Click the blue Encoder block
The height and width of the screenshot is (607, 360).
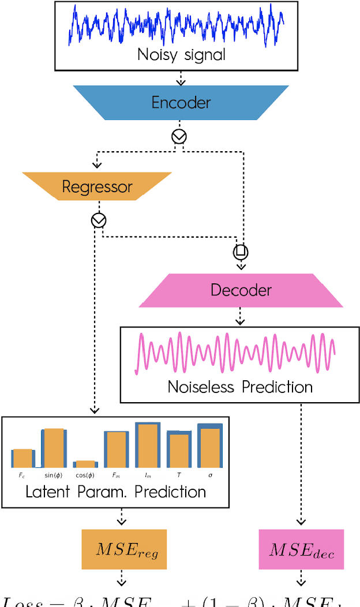[181, 103]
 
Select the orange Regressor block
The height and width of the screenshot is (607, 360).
[97, 186]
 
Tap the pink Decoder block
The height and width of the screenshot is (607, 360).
[241, 290]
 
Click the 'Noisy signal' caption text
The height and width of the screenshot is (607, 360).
[181, 55]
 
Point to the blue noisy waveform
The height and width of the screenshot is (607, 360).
[177, 25]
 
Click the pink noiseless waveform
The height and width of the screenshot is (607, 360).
[235, 353]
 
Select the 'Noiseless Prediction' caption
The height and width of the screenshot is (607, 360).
[240, 386]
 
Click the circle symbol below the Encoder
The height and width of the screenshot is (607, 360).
[179, 136]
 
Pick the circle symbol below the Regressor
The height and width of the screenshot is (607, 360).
[99, 220]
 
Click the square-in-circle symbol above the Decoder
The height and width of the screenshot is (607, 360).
[241, 252]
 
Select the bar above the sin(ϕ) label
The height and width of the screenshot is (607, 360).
[54, 448]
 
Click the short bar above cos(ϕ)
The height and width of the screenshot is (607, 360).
[85, 463]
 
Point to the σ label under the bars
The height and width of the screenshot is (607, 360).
[210, 475]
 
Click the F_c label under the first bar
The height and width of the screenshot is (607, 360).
[22, 475]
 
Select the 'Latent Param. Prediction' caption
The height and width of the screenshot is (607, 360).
[115, 492]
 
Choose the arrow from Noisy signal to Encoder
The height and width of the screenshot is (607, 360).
[180, 77]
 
